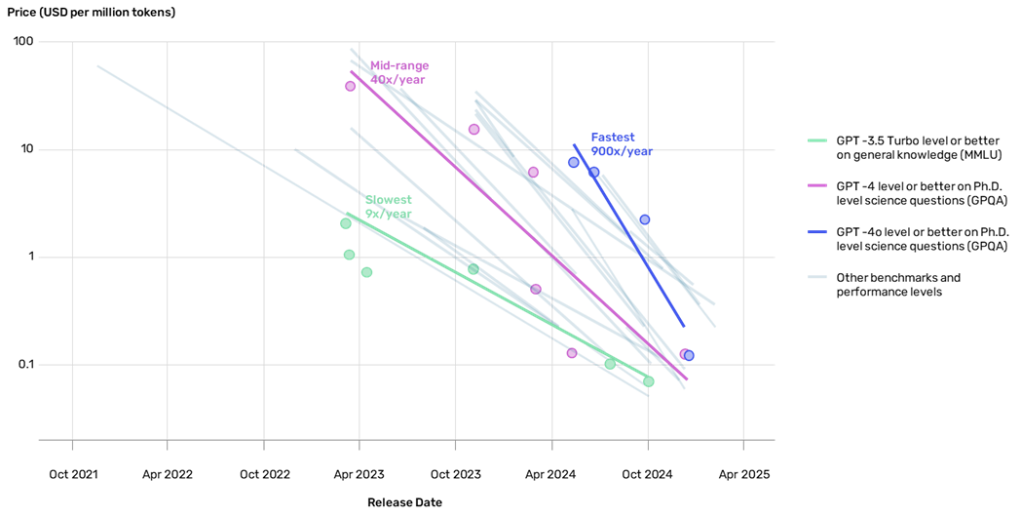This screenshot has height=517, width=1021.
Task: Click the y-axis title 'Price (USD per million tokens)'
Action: pyautogui.click(x=92, y=13)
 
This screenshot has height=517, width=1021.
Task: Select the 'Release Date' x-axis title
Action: pyautogui.click(x=404, y=502)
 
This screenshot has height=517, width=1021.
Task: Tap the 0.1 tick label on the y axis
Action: pyautogui.click(x=24, y=365)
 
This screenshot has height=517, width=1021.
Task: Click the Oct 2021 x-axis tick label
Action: pyautogui.click(x=73, y=475)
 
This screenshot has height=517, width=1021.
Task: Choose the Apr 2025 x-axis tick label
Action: pyautogui.click(x=744, y=475)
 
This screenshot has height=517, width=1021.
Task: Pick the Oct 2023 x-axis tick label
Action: pyautogui.click(x=456, y=475)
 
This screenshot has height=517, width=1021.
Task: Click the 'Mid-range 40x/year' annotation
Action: pyautogui.click(x=399, y=73)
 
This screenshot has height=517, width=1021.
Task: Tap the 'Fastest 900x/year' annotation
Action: pyautogui.click(x=622, y=144)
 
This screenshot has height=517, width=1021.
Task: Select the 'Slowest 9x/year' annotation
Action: pyautogui.click(x=388, y=207)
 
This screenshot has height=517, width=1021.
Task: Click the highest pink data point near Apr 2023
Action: pyautogui.click(x=351, y=86)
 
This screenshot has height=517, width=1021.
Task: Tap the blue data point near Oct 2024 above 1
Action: pyautogui.click(x=645, y=219)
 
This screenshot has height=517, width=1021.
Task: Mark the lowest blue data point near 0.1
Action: pyautogui.click(x=689, y=355)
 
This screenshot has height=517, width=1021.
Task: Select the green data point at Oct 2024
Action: pyautogui.click(x=649, y=381)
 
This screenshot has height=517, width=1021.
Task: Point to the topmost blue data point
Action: pyautogui.click(x=574, y=162)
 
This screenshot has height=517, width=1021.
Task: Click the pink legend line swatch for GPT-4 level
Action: pyautogui.click(x=817, y=185)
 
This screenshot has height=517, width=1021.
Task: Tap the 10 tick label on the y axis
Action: pyautogui.click(x=26, y=149)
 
